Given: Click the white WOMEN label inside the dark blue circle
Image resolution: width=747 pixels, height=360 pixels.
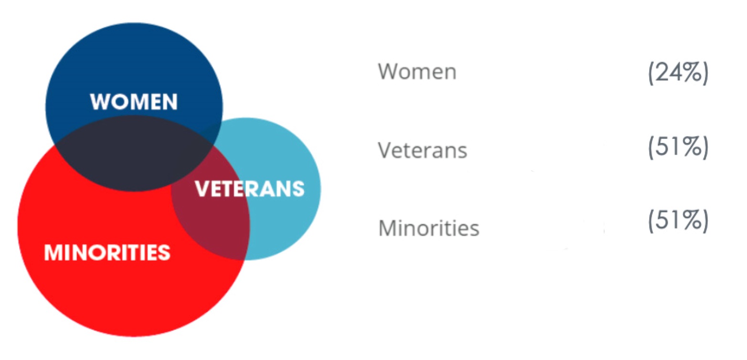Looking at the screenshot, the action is pyautogui.click(x=134, y=102).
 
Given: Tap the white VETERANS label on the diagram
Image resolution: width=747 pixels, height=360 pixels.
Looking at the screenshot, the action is pyautogui.click(x=250, y=189).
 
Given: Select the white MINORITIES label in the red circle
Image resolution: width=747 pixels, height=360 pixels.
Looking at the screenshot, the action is pyautogui.click(x=107, y=252).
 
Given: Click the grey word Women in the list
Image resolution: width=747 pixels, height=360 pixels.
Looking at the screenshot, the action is pyautogui.click(x=417, y=72).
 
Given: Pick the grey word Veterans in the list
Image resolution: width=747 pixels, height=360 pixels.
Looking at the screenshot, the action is pyautogui.click(x=423, y=150).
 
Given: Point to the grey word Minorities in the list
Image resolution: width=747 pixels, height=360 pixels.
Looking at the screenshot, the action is pyautogui.click(x=429, y=228).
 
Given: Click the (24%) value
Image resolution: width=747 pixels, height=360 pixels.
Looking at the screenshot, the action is pyautogui.click(x=678, y=73).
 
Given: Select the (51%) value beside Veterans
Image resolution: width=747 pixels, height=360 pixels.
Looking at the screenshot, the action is pyautogui.click(x=678, y=147).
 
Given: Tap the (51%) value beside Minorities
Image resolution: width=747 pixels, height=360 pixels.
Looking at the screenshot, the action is pyautogui.click(x=678, y=221).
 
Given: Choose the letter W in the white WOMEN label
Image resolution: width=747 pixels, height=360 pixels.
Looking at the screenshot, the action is pyautogui.click(x=101, y=102).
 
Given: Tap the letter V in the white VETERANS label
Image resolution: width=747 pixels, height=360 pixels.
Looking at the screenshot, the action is pyautogui.click(x=203, y=189).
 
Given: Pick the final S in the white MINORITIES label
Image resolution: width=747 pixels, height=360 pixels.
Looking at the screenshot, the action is pyautogui.click(x=163, y=252).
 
